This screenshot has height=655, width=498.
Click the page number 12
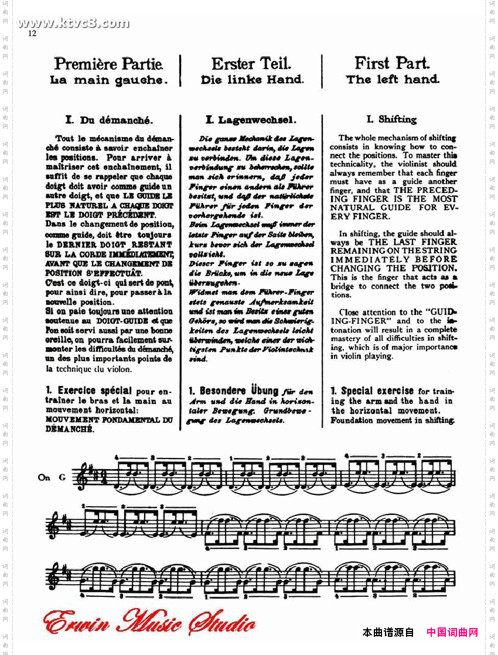[x=32, y=33]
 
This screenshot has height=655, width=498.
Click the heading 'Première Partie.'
[x=108, y=63]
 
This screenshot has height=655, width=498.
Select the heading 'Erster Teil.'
[x=251, y=63]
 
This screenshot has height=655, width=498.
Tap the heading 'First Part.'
[x=392, y=63]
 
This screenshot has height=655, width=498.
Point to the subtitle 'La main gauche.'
[x=109, y=80]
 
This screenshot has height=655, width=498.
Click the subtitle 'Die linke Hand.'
[x=251, y=80]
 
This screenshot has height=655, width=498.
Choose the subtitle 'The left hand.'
[x=393, y=79]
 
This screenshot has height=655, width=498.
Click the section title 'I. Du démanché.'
[x=110, y=120]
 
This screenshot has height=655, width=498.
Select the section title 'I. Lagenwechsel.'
[x=250, y=120]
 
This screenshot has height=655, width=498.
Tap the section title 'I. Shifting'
[x=391, y=120]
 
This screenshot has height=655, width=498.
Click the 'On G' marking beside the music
[x=52, y=477]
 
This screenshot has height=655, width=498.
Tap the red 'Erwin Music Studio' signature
[x=150, y=623]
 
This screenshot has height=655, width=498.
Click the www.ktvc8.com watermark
[x=73, y=23]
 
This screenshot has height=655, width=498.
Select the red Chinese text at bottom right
[x=452, y=632]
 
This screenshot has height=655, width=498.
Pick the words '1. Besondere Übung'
[x=233, y=391]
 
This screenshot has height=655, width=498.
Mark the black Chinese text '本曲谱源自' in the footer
[x=388, y=632]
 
